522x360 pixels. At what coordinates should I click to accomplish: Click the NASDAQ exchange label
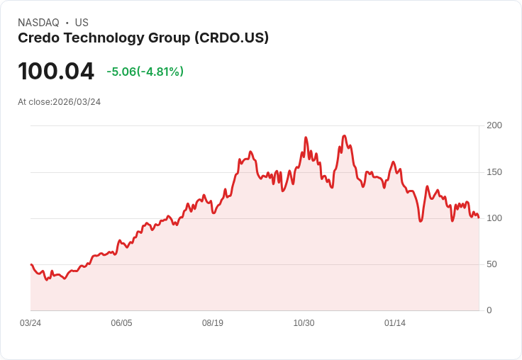[x=38, y=23]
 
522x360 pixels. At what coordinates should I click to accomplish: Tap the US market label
[x=82, y=23]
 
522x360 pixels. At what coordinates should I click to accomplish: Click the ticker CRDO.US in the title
[x=231, y=38]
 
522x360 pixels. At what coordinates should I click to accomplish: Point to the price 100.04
[x=56, y=72]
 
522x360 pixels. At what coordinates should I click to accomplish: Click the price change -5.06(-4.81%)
[x=145, y=72]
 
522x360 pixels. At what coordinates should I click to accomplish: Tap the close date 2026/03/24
[x=77, y=102]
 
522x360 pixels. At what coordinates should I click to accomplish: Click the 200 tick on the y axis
[x=494, y=125]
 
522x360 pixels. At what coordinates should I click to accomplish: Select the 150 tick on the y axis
[x=494, y=171]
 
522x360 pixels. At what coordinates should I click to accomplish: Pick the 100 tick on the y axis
[x=494, y=218]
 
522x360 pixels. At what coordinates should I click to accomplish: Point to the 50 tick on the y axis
[x=492, y=264]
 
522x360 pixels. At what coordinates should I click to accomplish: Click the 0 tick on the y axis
[x=489, y=310]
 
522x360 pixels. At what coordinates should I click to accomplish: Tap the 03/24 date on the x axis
[x=30, y=323]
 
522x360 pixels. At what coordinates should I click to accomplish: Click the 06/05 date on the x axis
[x=121, y=323]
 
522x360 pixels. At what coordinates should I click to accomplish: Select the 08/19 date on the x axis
[x=213, y=323]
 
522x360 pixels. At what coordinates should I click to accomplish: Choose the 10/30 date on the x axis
[x=304, y=323]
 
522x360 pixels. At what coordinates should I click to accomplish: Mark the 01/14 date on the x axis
[x=395, y=323]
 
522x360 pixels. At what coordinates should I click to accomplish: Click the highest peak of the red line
[x=344, y=135]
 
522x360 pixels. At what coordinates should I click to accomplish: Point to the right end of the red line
[x=479, y=218]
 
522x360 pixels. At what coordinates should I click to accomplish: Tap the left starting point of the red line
[x=31, y=264]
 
